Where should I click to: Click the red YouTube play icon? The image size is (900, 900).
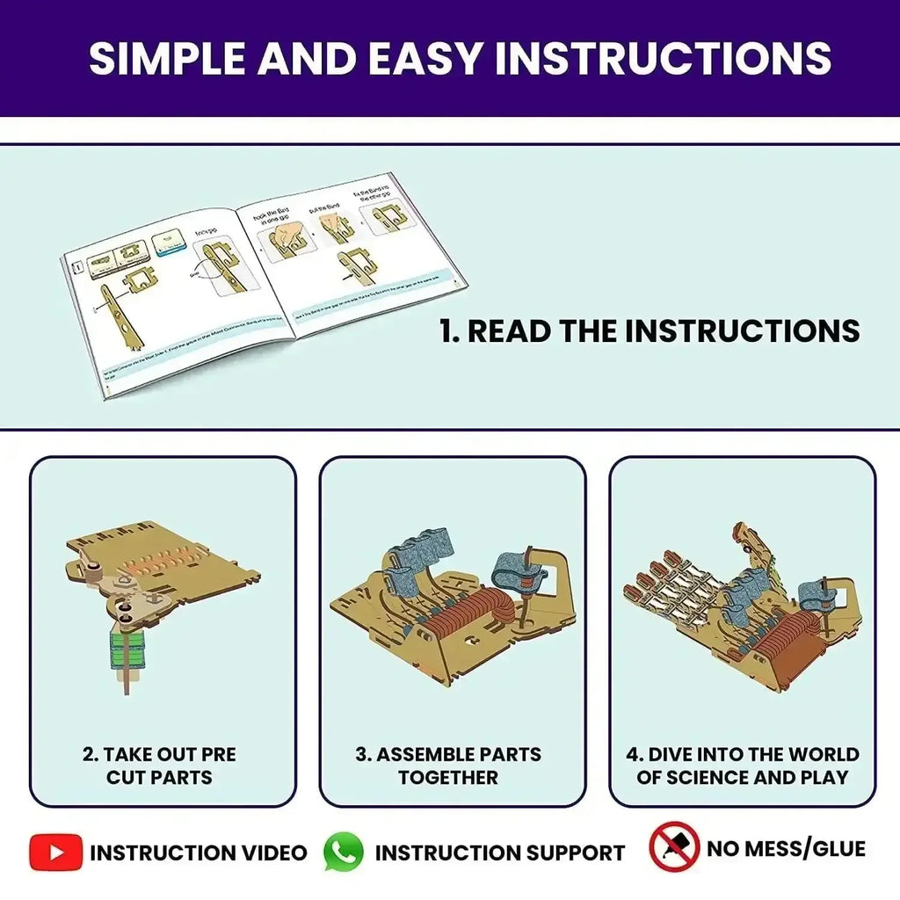coord(55,852)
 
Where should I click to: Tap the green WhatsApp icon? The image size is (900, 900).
coord(343,852)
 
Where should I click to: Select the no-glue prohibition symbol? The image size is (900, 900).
coord(673,847)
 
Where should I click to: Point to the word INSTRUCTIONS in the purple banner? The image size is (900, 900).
coord(663,58)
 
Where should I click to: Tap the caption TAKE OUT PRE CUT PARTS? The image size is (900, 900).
coord(159,766)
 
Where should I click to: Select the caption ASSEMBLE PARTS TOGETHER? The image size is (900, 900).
coord(448,766)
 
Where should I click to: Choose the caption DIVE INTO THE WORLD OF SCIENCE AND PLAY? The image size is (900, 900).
coord(742,766)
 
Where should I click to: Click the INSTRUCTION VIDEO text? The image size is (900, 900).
coord(199,853)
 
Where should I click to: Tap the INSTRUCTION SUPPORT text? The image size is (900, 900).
coord(499,853)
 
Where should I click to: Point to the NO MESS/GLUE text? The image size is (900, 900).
coord(786,849)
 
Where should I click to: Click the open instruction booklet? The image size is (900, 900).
coord(264,281)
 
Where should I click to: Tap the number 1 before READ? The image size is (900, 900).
coord(447,331)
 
